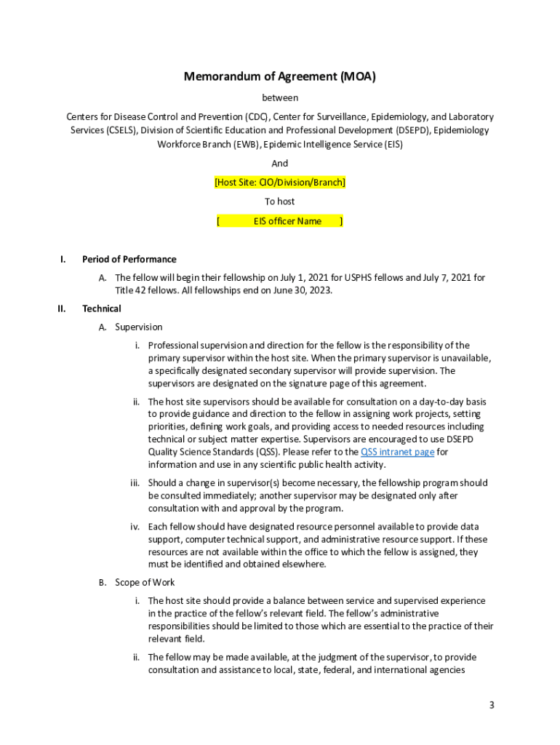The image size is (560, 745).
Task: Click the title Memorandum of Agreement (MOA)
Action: click(x=280, y=76)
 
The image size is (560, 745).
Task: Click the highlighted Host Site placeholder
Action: click(x=280, y=182)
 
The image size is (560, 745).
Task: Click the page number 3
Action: click(x=492, y=705)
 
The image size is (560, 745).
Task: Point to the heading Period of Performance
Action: click(x=129, y=259)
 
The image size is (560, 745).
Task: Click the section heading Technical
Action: click(x=102, y=308)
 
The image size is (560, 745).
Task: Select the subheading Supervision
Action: click(x=139, y=327)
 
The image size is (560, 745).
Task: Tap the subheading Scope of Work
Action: click(x=145, y=582)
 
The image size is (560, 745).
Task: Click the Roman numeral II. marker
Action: click(x=62, y=308)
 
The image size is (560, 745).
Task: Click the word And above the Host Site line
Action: click(x=280, y=163)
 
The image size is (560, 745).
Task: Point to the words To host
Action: click(x=280, y=202)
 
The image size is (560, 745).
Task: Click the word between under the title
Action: click(x=280, y=97)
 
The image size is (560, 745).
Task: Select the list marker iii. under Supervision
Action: click(x=135, y=482)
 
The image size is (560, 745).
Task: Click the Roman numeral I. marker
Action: click(x=63, y=259)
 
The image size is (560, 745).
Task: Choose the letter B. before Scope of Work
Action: click(x=103, y=582)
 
